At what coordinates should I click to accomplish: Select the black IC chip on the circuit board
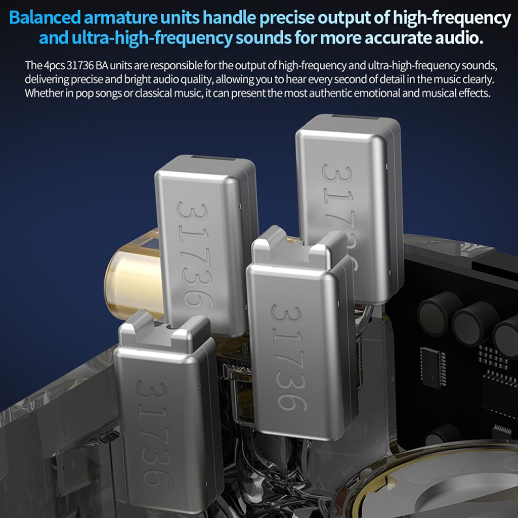pos(433,367)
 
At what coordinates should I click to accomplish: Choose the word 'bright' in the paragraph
pos(147,80)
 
